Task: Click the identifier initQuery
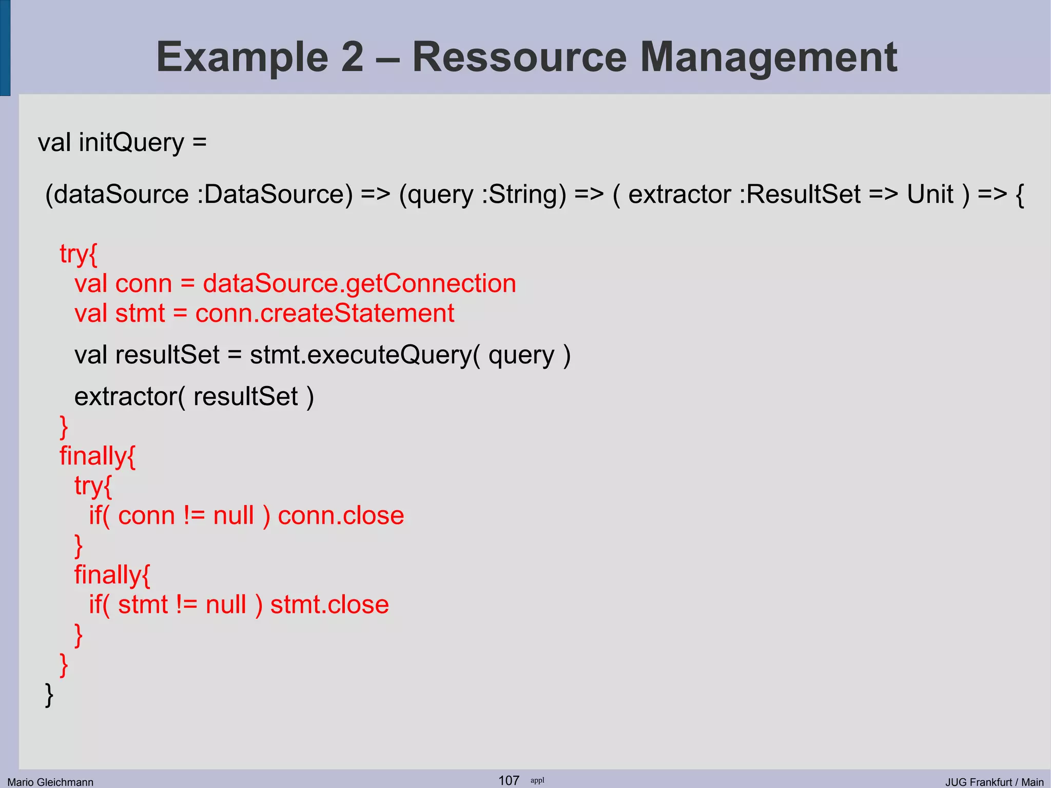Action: (x=131, y=143)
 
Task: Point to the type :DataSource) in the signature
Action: (x=275, y=195)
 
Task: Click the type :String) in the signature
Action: (x=523, y=195)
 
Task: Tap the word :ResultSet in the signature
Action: (x=800, y=195)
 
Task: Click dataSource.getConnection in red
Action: (x=359, y=284)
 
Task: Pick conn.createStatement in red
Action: (x=324, y=313)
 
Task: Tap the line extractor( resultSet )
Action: (x=194, y=397)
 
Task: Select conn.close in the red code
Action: (x=341, y=515)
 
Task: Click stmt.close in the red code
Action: (x=329, y=605)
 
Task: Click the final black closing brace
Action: (x=49, y=695)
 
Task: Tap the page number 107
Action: (x=509, y=780)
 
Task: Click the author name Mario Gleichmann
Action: (x=50, y=782)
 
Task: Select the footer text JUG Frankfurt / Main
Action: (x=994, y=782)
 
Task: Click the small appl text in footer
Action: (x=537, y=780)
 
